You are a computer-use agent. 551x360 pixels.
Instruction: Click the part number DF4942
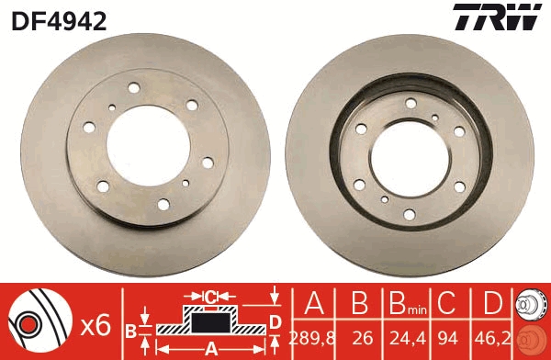[59, 21]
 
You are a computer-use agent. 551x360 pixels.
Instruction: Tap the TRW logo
[497, 17]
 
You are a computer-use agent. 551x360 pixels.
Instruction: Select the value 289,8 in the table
[312, 338]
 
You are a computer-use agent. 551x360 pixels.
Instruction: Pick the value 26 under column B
[363, 338]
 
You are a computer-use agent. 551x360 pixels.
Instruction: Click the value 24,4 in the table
[408, 338]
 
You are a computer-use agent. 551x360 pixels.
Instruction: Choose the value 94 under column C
[448, 338]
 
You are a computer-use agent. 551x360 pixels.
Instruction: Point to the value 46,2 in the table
[492, 338]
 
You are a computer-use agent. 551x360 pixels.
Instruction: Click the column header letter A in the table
[314, 303]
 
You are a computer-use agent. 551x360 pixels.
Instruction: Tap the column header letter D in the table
[492, 303]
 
